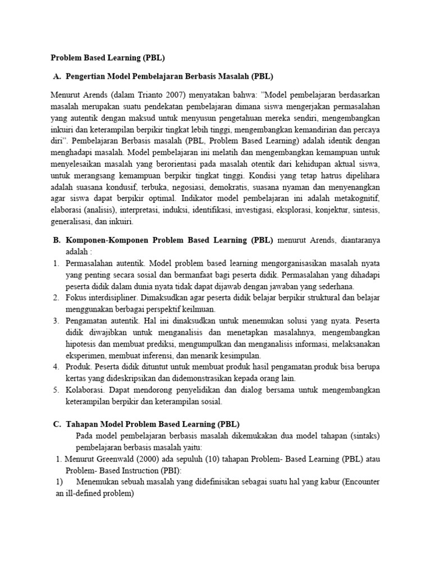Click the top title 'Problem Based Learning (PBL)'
[108, 58]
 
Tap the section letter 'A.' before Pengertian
[56, 76]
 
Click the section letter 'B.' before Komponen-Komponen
[57, 240]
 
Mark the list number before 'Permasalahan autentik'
[57, 263]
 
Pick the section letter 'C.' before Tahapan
[57, 424]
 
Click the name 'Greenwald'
[123, 459]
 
